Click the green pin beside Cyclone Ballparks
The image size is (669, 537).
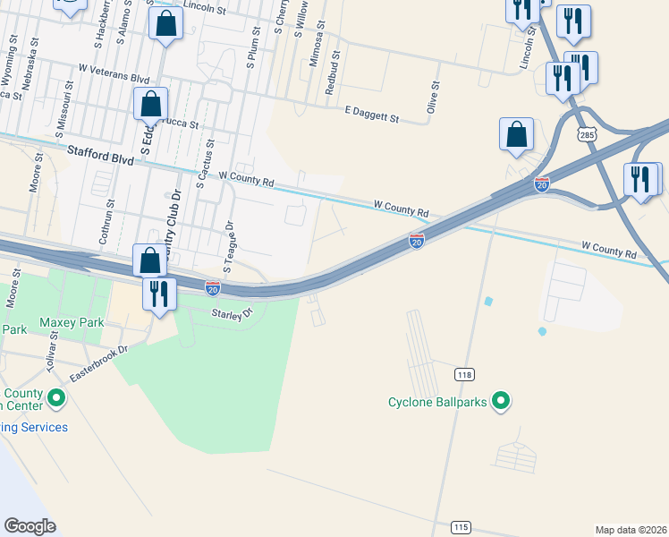coord(502,402)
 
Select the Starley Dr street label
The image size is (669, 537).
coord(233,313)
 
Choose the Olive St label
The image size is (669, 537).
coord(435,97)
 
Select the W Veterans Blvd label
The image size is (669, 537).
coord(114,73)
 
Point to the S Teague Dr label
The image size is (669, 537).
coord(229,246)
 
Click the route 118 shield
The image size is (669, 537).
coord(463,374)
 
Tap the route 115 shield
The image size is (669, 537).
coord(461,527)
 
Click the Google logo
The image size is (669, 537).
coord(30,526)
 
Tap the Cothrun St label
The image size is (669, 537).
coord(111,217)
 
